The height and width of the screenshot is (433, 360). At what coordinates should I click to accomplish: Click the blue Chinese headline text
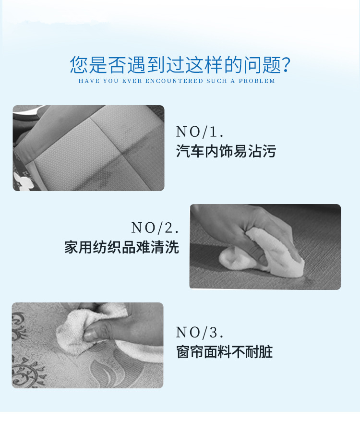pos(180,65)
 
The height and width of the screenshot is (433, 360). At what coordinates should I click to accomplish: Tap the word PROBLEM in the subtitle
pos(257,81)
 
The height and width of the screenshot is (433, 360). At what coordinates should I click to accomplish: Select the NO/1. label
pos(200,132)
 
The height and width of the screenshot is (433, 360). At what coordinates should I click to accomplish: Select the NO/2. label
pos(155,228)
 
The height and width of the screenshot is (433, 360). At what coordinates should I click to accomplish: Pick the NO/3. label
pos(200,332)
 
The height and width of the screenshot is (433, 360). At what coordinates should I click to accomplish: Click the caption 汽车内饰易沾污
pos(226,151)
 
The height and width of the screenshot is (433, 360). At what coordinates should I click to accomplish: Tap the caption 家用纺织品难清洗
pos(122,247)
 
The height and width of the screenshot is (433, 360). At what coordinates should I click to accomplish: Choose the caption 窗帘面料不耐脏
pos(225,352)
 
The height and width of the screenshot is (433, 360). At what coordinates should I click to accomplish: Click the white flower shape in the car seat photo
pos(23,181)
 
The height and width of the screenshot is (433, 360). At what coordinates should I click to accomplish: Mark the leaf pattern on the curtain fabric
pos(108,372)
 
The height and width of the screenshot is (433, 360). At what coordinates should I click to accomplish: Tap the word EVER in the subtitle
pos(132,81)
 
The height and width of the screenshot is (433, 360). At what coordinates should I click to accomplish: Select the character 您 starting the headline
pos(79,65)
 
